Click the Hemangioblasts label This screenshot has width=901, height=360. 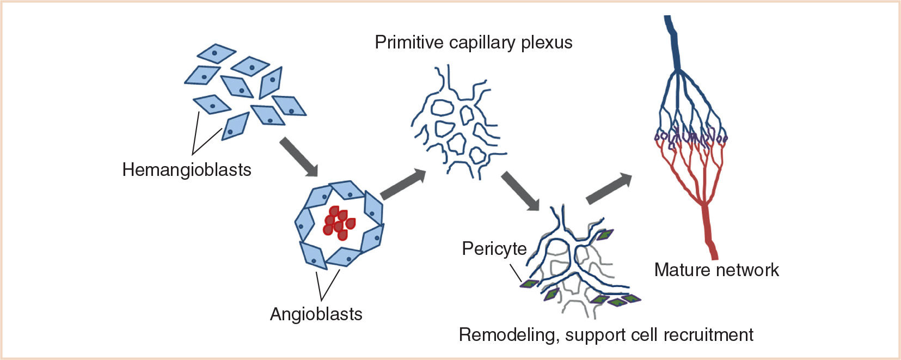click(x=186, y=170)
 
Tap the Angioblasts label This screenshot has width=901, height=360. click(x=316, y=314)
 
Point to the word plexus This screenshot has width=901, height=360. click(x=547, y=43)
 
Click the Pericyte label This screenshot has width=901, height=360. click(x=494, y=249)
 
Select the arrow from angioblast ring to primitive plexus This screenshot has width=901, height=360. click(x=403, y=185)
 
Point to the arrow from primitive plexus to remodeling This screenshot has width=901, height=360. click(x=520, y=191)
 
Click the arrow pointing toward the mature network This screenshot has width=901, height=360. click(x=609, y=188)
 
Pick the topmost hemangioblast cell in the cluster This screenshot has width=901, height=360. click(x=216, y=53)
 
